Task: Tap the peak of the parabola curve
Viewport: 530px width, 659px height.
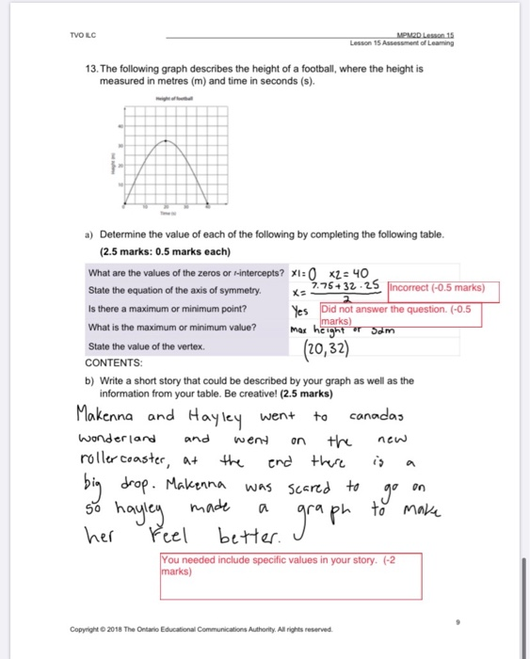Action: [166, 140]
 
